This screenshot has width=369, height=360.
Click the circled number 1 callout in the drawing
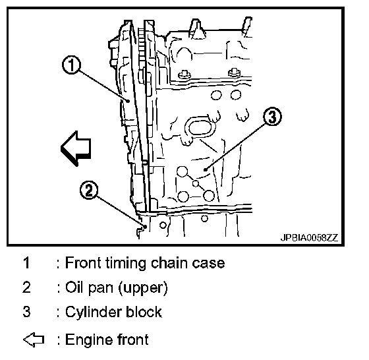(x=71, y=65)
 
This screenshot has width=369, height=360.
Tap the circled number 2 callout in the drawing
(x=89, y=190)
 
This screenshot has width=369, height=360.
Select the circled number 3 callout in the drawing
(x=272, y=116)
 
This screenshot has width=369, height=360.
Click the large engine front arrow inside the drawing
(x=76, y=148)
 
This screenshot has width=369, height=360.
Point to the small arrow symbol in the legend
(x=34, y=340)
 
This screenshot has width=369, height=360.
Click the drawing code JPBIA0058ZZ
(x=309, y=238)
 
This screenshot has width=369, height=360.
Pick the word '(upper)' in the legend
(x=143, y=288)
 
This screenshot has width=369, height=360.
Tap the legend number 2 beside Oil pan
(x=26, y=287)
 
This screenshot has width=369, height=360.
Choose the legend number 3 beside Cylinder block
(x=26, y=311)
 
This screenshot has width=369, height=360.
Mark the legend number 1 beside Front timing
(x=26, y=262)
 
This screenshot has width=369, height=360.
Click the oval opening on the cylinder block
(x=200, y=128)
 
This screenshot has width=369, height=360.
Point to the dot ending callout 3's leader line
(x=206, y=169)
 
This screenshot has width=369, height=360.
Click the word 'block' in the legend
(x=144, y=312)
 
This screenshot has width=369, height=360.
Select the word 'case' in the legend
(x=208, y=263)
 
